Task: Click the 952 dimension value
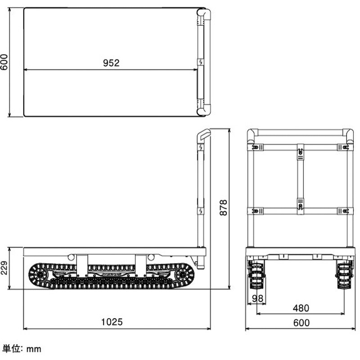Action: tap(111, 63)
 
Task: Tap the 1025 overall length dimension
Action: tap(112, 322)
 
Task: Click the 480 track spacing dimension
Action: tap(301, 308)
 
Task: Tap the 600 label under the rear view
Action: tap(301, 323)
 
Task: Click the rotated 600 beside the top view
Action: tap(4, 62)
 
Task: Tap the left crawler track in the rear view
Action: tap(256, 274)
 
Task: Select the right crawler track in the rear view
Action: tap(344, 274)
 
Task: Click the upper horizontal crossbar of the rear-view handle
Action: tap(300, 147)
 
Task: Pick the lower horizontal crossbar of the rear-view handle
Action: tap(300, 211)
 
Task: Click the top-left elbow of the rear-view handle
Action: tap(252, 135)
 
